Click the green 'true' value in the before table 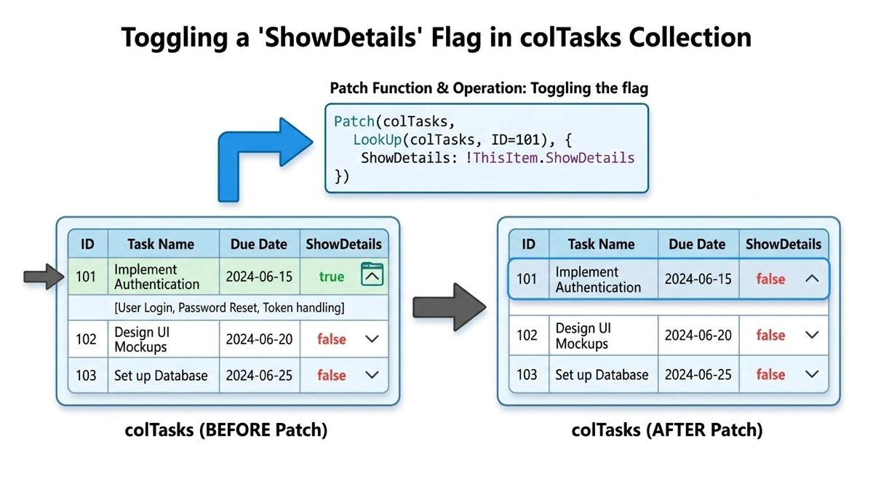pos(331,277)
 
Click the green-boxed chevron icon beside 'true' pos(372,276)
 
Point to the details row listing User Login pos(229,308)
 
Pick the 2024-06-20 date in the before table pos(259,339)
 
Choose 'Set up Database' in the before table pos(161,376)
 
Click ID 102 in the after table pos(527,336)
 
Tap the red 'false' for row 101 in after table pos(770,279)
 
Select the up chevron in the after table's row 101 pos(812,279)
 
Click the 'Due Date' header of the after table pos(698,245)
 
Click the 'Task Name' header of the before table pos(161,245)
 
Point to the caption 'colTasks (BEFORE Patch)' pos(227,430)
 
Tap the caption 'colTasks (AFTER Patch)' pos(667,430)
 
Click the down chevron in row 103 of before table pos(372,376)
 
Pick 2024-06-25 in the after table pos(698,375)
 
